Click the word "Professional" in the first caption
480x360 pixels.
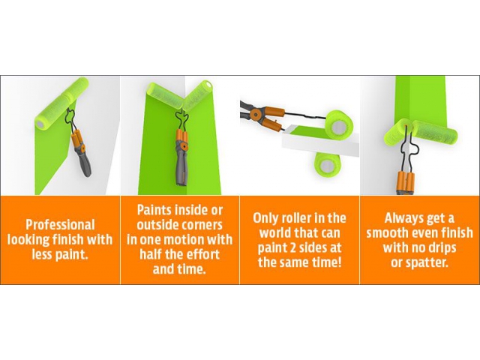[x=60, y=225]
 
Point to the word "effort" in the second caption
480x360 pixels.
[x=202, y=254]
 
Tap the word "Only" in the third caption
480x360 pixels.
[x=265, y=218]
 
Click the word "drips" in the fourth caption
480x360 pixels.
[x=440, y=248]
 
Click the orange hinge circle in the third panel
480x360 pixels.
[x=253, y=115]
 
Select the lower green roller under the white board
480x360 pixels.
[x=327, y=166]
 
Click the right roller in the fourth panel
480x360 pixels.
[x=435, y=134]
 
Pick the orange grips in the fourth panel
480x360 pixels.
[x=406, y=181]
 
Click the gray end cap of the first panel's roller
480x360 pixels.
[x=40, y=123]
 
